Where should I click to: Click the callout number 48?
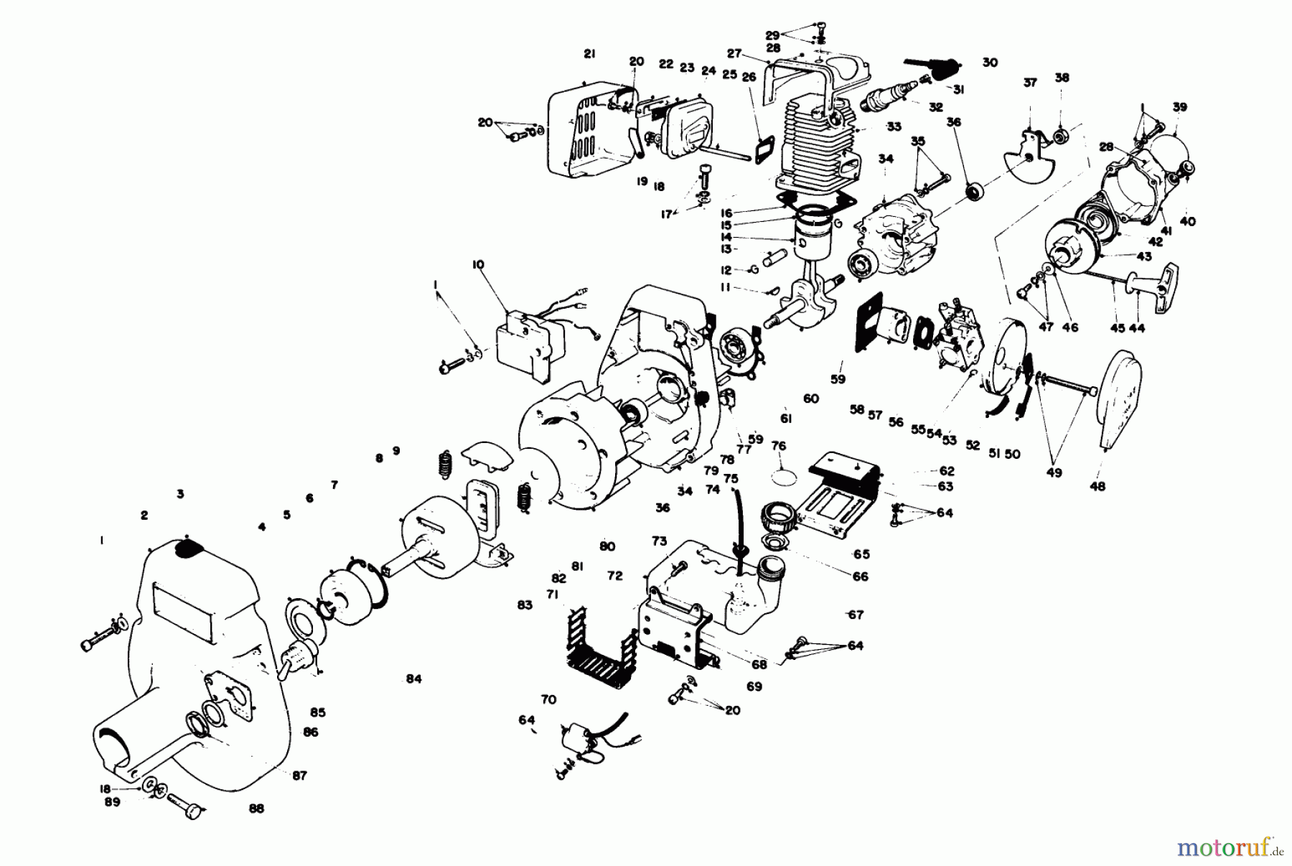click(1097, 486)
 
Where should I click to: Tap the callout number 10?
click(478, 265)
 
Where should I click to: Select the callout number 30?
click(990, 63)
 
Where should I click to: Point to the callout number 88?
click(256, 809)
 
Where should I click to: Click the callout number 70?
click(548, 699)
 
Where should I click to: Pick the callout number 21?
click(589, 53)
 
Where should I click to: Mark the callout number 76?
click(779, 446)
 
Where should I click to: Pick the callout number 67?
click(856, 615)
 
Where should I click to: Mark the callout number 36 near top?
click(953, 123)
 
